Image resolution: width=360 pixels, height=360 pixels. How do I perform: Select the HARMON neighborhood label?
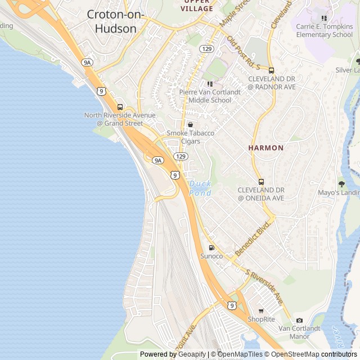pyautogui.click(x=266, y=148)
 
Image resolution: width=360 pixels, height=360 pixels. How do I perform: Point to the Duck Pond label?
pyautogui.click(x=200, y=188)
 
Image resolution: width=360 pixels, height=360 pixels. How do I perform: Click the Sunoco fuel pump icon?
pyautogui.click(x=211, y=247)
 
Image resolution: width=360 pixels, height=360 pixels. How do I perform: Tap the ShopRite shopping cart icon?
pyautogui.click(x=261, y=310)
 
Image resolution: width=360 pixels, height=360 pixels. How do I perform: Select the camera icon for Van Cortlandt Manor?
pyautogui.click(x=299, y=320)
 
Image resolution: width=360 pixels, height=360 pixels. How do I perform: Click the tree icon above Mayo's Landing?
pyautogui.click(x=341, y=183)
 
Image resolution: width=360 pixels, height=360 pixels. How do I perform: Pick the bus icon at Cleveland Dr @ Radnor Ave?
pyautogui.click(x=271, y=71)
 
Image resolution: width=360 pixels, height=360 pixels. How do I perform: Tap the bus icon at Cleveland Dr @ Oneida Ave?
pyautogui.click(x=261, y=182)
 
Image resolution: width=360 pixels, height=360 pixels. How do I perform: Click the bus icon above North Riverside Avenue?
pyautogui.click(x=120, y=107)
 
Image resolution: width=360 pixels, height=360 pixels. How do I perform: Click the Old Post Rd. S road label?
pyautogui.click(x=244, y=54)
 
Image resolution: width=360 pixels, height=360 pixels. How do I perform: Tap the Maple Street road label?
pyautogui.click(x=235, y=14)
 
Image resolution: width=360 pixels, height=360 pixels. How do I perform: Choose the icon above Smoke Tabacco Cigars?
pyautogui.click(x=190, y=124)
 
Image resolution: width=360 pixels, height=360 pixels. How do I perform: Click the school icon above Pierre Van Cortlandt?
pyautogui.click(x=210, y=84)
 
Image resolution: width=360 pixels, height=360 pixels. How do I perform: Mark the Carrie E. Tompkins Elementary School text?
pyautogui.click(x=324, y=30)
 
